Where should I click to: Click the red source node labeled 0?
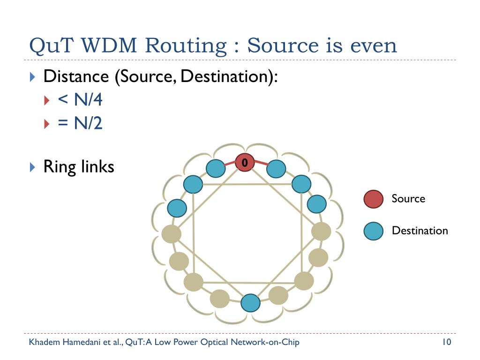[x=245, y=162]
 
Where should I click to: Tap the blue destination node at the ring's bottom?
[x=250, y=303]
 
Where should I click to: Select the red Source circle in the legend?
[x=374, y=199]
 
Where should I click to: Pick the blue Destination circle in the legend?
[x=374, y=231]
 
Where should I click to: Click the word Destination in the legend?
[x=420, y=231]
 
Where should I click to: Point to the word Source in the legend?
[x=408, y=199]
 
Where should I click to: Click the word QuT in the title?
[x=52, y=46]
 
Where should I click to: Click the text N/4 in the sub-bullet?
[x=88, y=99]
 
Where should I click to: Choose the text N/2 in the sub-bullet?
[x=88, y=123]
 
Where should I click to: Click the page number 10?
[x=447, y=342]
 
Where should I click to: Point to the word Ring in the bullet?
[x=60, y=167]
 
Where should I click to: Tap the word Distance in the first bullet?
[x=76, y=76]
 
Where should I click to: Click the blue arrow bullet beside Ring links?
[x=32, y=167]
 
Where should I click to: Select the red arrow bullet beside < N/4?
[x=46, y=100]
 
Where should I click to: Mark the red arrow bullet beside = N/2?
[x=46, y=124]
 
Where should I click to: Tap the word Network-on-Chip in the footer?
[x=265, y=342]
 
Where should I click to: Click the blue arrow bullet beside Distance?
[x=32, y=77]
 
